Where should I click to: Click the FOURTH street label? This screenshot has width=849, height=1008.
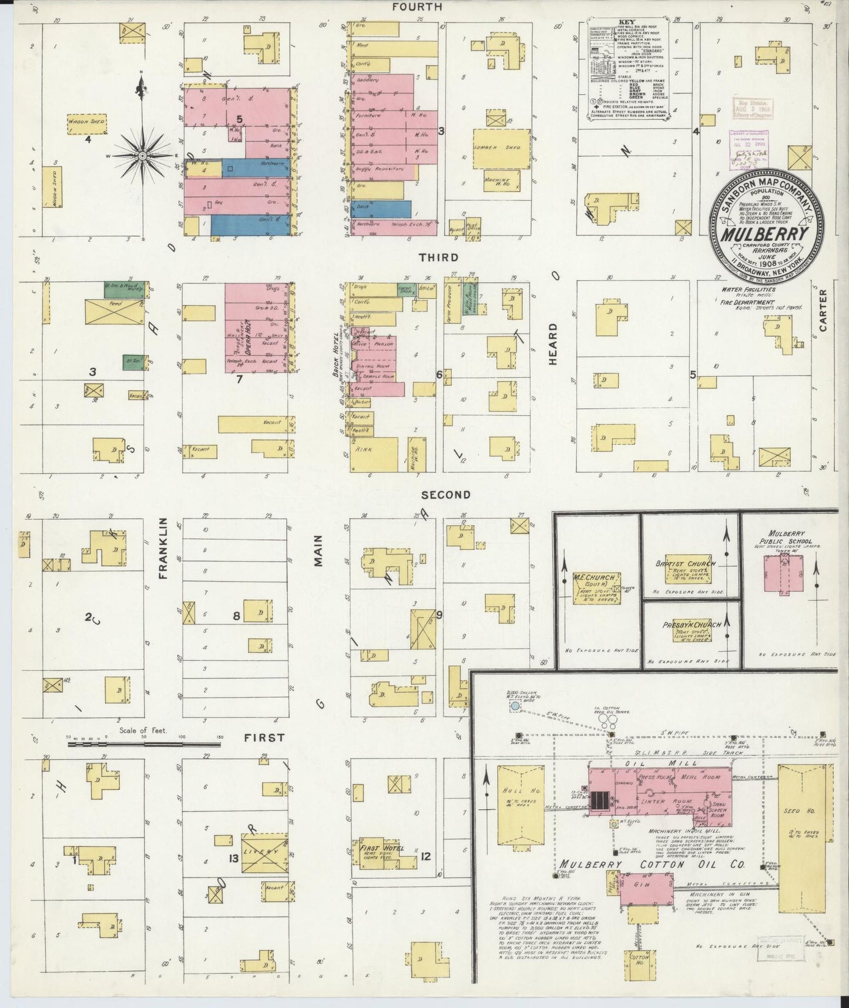417,7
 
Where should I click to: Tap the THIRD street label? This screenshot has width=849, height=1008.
438,258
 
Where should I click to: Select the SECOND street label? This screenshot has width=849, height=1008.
446,495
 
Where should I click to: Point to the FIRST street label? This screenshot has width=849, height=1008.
264,737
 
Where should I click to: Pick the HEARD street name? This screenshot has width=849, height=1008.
553,344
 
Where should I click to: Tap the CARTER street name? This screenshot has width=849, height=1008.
823,311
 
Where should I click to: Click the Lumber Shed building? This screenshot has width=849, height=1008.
502,147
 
